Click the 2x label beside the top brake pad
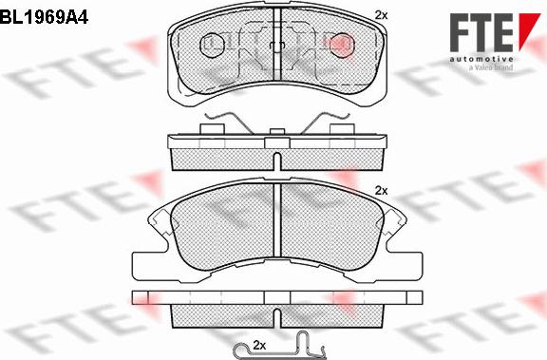(x=382, y=15)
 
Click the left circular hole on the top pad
(x=214, y=42)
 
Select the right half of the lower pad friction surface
(x=332, y=233)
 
